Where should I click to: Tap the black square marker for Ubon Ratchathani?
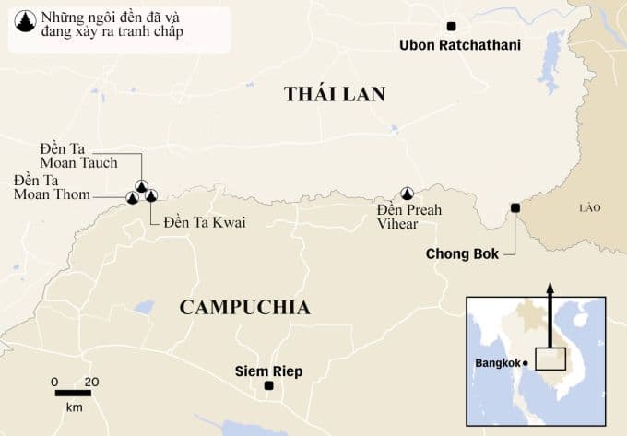tap(451, 27)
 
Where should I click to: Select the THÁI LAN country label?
tap(334, 94)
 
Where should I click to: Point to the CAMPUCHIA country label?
tap(244, 308)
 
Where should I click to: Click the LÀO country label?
tap(589, 207)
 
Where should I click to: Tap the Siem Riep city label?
tap(268, 371)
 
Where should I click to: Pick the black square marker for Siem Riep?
tap(268, 386)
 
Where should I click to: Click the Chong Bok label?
tap(461, 253)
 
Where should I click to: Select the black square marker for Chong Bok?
tap(515, 207)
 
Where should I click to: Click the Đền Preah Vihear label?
tap(409, 217)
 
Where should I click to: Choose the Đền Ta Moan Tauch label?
tap(79, 156)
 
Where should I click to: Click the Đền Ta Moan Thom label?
tap(52, 187)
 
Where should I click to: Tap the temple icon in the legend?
tap(23, 22)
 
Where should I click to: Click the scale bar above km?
tap(73, 393)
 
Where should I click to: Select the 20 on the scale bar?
tap(91, 381)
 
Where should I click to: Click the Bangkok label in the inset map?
tap(498, 363)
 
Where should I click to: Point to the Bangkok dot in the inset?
tap(526, 363)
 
